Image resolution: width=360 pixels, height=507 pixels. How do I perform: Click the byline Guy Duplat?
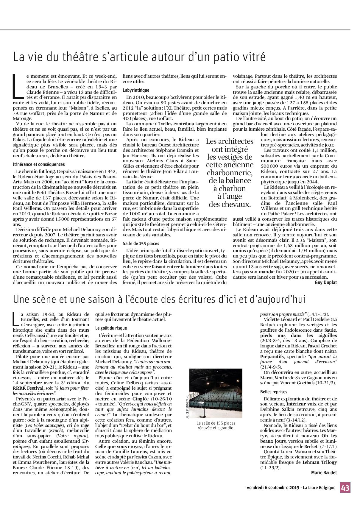pyautogui.click(x=326, y=282)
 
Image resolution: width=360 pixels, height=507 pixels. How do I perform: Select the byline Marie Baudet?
pyautogui.click(x=324, y=472)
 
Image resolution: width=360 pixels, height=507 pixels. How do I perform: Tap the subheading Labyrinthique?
pyautogui.click(x=136, y=90)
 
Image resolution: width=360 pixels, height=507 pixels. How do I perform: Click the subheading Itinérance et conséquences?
pyautogui.click(x=39, y=164)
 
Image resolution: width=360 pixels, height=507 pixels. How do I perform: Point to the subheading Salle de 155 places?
pyautogui.click(x=141, y=244)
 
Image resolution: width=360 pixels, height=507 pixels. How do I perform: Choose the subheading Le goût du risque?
pyautogui.click(x=111, y=328)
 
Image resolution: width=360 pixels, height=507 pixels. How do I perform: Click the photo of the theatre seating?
pyautogui.click(x=216, y=393)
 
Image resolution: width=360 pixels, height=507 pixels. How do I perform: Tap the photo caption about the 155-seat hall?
pyautogui.click(x=216, y=425)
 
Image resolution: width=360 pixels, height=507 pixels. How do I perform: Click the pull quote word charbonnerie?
pyautogui.click(x=229, y=173)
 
